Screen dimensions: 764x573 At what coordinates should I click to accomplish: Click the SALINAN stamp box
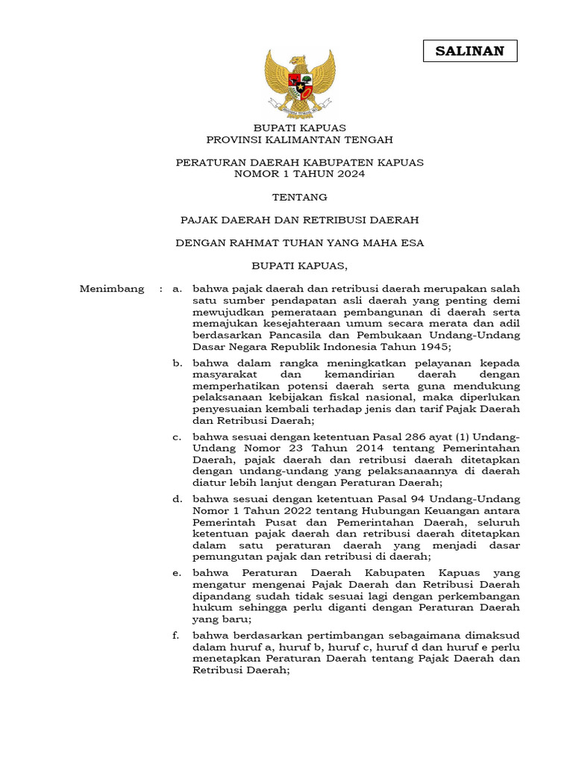coord(470,51)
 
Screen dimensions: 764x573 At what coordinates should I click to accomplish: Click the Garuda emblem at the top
coord(299,81)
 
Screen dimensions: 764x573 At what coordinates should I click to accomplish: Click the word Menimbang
coord(112,289)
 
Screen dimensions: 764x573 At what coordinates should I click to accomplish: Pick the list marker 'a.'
coord(177,289)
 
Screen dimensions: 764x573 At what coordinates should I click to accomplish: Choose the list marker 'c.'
coord(177,437)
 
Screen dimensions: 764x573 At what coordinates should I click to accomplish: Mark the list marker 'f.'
coord(177,636)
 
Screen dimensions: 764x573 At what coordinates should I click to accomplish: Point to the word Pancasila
coord(283,335)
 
